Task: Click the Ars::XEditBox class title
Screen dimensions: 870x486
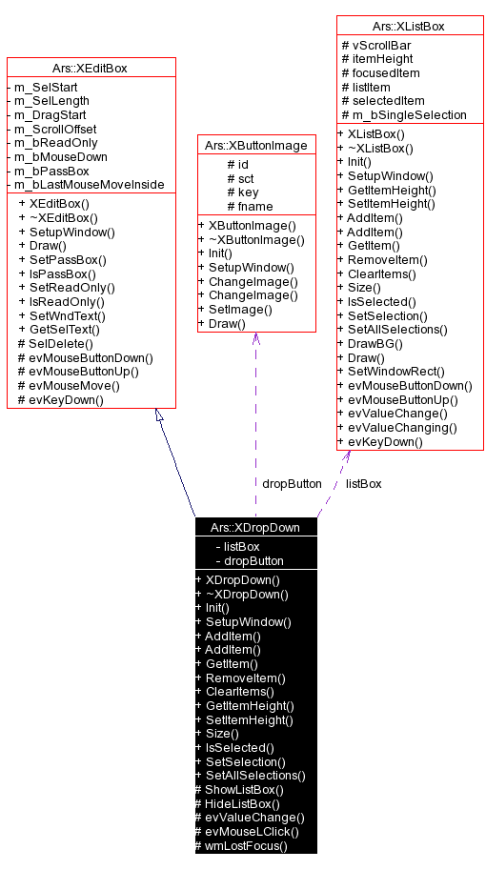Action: [91, 68]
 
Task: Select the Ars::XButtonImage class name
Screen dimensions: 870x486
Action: [255, 145]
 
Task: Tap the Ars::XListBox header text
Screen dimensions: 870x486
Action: [404, 26]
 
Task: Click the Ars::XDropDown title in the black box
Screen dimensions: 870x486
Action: [255, 527]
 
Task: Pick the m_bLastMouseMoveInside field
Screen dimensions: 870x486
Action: [86, 184]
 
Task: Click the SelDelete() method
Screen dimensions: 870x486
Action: [56, 343]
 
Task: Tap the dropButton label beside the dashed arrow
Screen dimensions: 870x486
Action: [292, 483]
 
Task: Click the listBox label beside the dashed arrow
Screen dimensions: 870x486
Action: [364, 483]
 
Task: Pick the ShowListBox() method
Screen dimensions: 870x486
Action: [240, 789]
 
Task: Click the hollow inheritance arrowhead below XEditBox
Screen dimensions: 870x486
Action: [160, 415]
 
